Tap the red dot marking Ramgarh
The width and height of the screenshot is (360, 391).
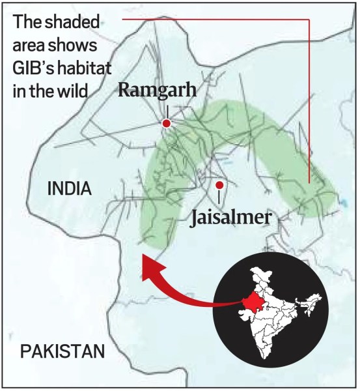(x=167, y=123)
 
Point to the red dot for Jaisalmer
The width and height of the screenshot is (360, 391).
(x=219, y=185)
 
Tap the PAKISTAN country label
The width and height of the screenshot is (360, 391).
(x=62, y=352)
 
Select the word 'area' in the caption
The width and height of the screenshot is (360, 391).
(x=28, y=46)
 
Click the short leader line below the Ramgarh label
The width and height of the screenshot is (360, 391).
(x=167, y=110)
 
